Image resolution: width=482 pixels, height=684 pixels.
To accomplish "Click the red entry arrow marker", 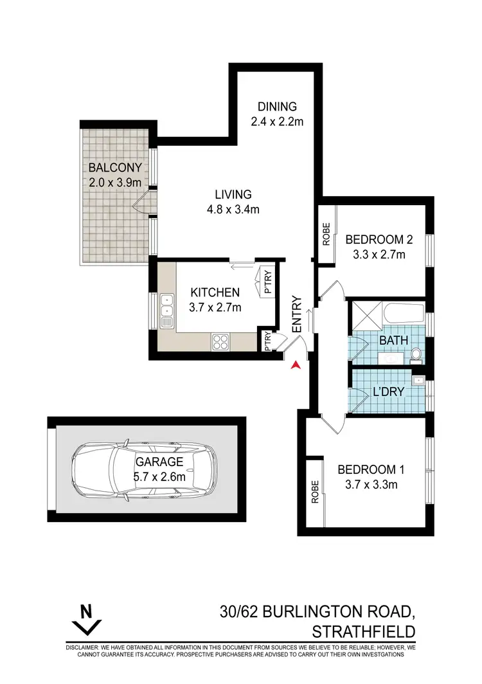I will click(296, 365).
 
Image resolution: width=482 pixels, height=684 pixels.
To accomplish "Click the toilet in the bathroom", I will click(416, 353).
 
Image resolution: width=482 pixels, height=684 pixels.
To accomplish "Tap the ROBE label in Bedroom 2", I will click(326, 234).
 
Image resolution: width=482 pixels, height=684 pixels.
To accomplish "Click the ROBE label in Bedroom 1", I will click(315, 492).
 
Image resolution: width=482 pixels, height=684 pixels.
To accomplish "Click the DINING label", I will click(277, 107).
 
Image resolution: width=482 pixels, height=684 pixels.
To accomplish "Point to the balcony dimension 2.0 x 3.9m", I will click(115, 182).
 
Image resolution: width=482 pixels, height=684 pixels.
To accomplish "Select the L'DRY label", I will click(388, 390).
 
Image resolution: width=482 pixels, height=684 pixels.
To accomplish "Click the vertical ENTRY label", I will click(297, 314).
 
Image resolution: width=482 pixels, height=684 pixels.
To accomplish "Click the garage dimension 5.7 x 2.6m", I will click(159, 476).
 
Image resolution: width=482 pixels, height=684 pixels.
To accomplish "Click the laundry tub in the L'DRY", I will click(418, 381).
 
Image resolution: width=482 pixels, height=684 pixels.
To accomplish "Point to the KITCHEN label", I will click(215, 292).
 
